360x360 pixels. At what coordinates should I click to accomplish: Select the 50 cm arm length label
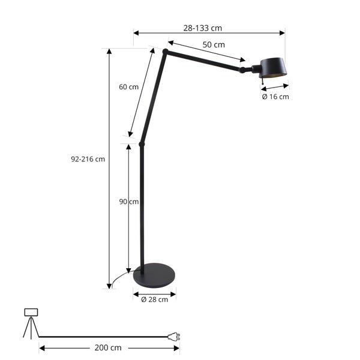point(213,45)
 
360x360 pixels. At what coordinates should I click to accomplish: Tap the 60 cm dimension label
point(128,86)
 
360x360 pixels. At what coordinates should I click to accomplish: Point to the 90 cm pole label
point(129,202)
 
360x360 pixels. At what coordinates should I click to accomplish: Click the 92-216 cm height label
point(88,159)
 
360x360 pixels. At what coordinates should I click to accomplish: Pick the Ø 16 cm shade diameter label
point(275,97)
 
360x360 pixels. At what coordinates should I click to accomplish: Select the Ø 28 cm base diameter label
point(154,299)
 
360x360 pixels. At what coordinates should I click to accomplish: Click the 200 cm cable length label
point(108,347)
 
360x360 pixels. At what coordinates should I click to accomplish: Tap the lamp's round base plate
point(154,276)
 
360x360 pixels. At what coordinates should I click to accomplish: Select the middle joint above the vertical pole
point(142,144)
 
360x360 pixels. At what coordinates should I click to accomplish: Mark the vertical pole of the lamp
point(142,204)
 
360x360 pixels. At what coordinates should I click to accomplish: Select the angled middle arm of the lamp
point(153,99)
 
